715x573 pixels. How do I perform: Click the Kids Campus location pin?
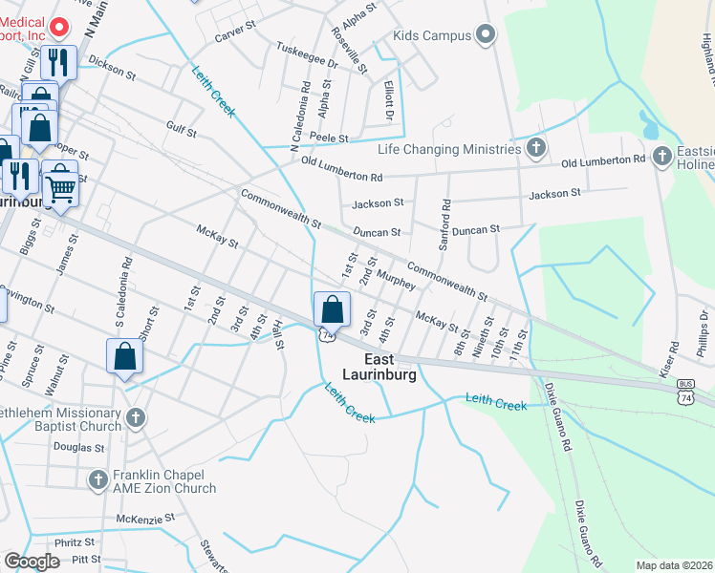486,36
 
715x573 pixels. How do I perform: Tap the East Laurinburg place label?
390,368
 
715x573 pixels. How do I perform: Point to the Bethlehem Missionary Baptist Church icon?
136,418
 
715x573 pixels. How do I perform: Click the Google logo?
32,562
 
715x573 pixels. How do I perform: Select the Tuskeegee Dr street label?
307,54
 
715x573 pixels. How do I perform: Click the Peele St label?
328,138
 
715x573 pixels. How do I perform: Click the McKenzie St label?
146,518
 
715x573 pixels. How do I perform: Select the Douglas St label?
78,447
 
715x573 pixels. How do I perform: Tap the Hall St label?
279,336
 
